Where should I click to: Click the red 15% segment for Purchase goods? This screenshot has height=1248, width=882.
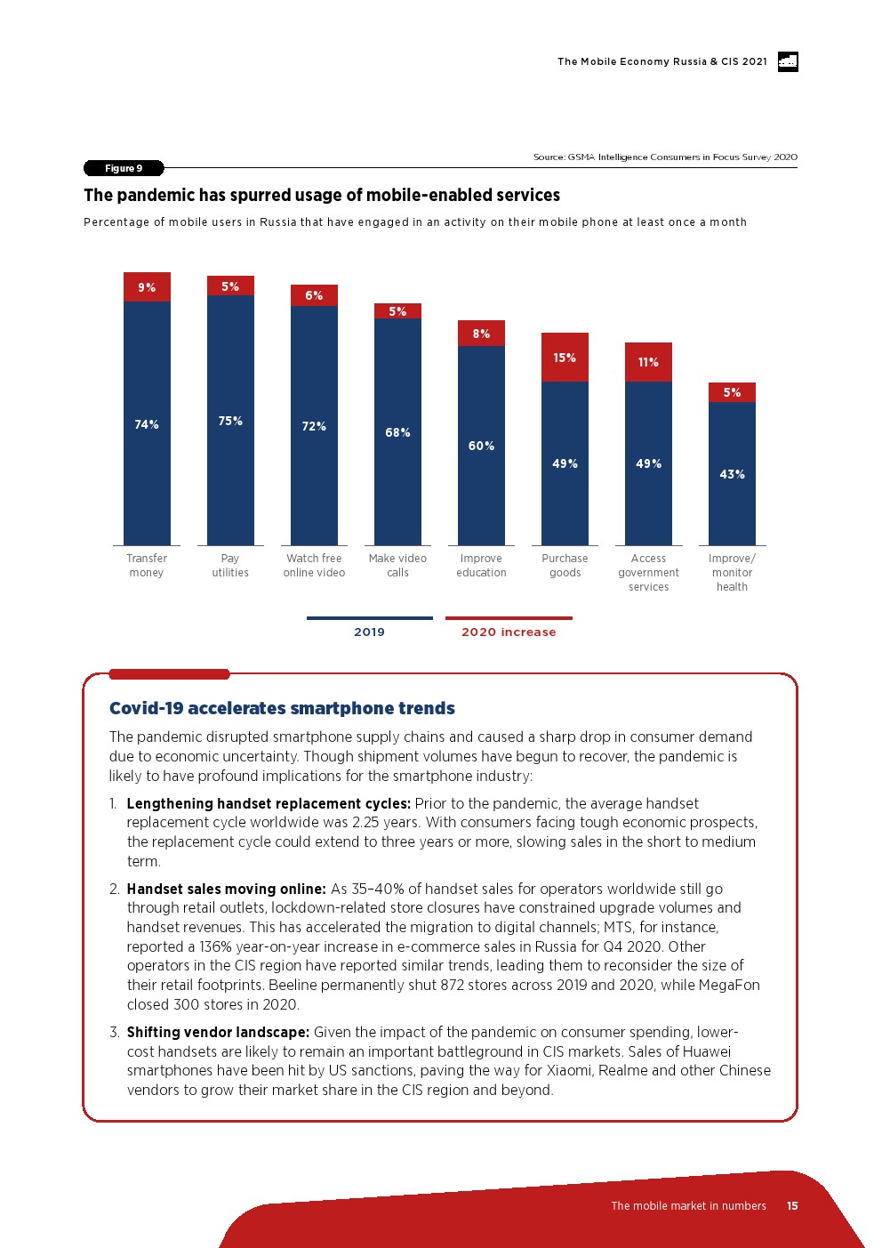pyautogui.click(x=565, y=357)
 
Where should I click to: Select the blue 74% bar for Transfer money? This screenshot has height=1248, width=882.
pyautogui.click(x=147, y=423)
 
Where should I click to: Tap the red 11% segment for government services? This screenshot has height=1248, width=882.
pyautogui.click(x=648, y=361)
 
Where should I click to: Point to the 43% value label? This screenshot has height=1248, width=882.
pyautogui.click(x=732, y=474)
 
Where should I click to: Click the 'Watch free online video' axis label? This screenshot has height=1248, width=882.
pyautogui.click(x=314, y=566)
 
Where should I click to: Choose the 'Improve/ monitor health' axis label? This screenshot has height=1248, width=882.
pyautogui.click(x=732, y=573)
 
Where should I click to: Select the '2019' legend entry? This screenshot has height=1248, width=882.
pyautogui.click(x=369, y=632)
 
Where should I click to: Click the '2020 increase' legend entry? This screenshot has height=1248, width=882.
pyautogui.click(x=509, y=632)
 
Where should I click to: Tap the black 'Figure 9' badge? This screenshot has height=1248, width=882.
pyautogui.click(x=124, y=168)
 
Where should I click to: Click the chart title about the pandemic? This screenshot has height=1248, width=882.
pyautogui.click(x=322, y=195)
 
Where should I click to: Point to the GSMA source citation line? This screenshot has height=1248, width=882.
pyautogui.click(x=665, y=157)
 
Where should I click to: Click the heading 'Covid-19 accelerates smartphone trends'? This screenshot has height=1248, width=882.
pyautogui.click(x=282, y=708)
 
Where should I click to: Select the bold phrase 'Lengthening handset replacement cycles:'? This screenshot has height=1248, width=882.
pyautogui.click(x=269, y=803)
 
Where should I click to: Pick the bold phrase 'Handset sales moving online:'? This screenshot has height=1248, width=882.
pyautogui.click(x=227, y=889)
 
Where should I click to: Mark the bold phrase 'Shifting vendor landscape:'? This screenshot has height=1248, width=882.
pyautogui.click(x=219, y=1032)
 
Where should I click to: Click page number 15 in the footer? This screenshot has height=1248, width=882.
pyautogui.click(x=792, y=1206)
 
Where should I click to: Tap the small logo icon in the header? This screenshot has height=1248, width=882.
pyautogui.click(x=788, y=61)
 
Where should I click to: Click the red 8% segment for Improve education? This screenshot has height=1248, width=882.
pyautogui.click(x=481, y=333)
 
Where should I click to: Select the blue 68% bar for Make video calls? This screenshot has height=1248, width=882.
pyautogui.click(x=397, y=432)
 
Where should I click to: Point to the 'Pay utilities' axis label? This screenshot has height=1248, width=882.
pyautogui.click(x=230, y=566)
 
